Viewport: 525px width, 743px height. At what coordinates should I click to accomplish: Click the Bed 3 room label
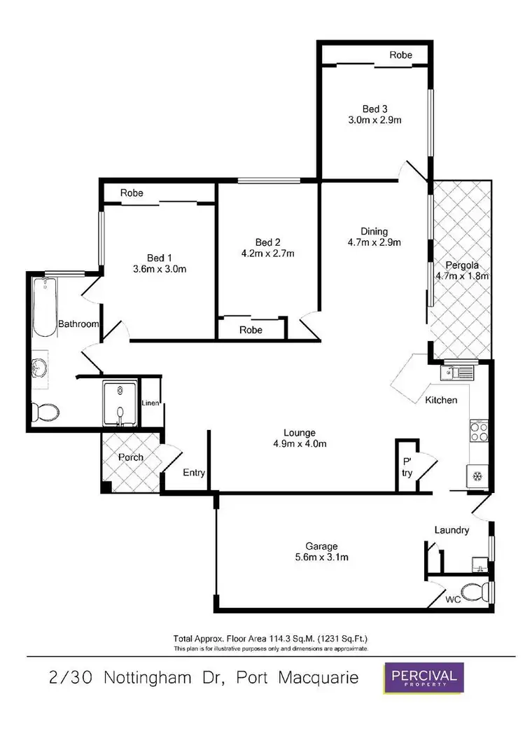coord(374,109)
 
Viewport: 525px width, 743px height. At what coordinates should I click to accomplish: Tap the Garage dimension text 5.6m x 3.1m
coord(321,557)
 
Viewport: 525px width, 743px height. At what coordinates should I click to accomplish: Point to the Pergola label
coord(461,265)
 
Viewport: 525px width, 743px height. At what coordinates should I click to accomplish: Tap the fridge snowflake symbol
coord(478,477)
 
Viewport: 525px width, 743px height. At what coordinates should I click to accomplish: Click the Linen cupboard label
coord(152,403)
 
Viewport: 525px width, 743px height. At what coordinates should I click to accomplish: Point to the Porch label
coord(130,457)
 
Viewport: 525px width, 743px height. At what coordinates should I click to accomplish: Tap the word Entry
coord(194,473)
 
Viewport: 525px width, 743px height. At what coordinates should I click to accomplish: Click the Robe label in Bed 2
coord(251,329)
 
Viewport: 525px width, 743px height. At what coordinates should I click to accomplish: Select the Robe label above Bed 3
coord(401,55)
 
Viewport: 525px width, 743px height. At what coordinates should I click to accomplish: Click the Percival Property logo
coord(423,679)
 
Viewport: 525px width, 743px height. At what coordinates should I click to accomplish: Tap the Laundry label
coord(451,530)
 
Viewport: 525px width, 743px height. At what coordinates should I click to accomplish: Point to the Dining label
coord(374,232)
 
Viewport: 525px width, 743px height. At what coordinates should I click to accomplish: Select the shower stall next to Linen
coord(120,404)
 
